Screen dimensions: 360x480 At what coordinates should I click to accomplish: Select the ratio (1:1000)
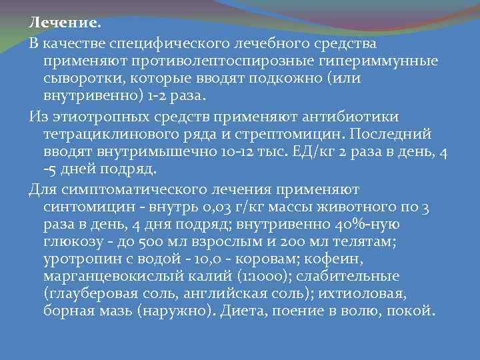250,276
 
